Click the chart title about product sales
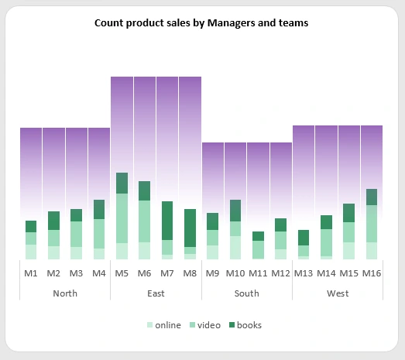pyautogui.click(x=201, y=23)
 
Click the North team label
pyautogui.click(x=65, y=293)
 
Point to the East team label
pyautogui.click(x=156, y=293)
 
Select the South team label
pyautogui.click(x=247, y=293)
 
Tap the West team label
pyautogui.click(x=338, y=293)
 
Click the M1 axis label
pyautogui.click(x=31, y=273)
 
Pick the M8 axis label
pyautogui.click(x=190, y=273)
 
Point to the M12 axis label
pyautogui.click(x=281, y=273)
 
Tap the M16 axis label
pyautogui.click(x=372, y=273)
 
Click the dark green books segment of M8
pyautogui.click(x=190, y=228)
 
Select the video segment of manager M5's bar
pyautogui.click(x=122, y=218)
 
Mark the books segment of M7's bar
pyautogui.click(x=167, y=221)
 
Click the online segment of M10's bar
pyautogui.click(x=235, y=248)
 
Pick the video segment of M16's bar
pyautogui.click(x=372, y=224)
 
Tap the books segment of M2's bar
pyautogui.click(x=53, y=221)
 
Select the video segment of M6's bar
pyautogui.click(x=144, y=221)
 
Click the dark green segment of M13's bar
pyautogui.click(x=304, y=238)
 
